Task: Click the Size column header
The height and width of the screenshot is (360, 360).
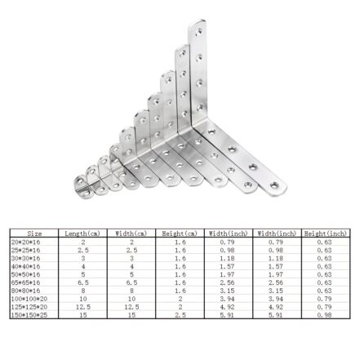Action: coord(33,232)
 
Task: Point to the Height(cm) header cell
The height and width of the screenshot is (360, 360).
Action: coord(180,232)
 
